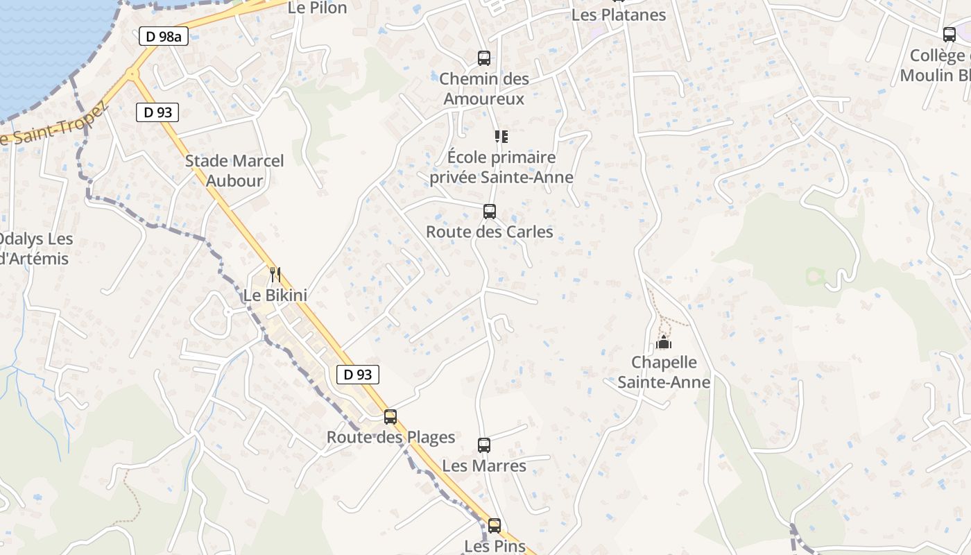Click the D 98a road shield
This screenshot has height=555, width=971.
tap(163, 37)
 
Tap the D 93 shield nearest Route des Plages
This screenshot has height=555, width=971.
tap(358, 375)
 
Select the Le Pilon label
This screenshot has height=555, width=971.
tap(317, 8)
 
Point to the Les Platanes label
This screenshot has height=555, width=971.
tap(619, 15)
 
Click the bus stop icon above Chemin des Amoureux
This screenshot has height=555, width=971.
tap(484, 58)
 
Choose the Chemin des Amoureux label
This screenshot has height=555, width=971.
tap(484, 89)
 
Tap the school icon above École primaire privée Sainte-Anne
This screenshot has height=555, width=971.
tap(501, 137)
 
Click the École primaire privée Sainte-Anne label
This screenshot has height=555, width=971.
tap(501, 167)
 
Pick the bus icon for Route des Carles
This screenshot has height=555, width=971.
tap(490, 212)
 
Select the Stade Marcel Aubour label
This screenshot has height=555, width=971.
tap(234, 171)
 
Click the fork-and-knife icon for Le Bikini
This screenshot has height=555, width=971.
tap(275, 275)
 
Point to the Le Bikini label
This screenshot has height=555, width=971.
tap(275, 295)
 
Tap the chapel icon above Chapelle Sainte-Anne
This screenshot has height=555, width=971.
tap(664, 342)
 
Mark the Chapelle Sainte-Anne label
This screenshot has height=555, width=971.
tap(664, 372)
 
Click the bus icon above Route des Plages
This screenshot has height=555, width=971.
tap(390, 417)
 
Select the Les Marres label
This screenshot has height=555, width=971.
tap(484, 466)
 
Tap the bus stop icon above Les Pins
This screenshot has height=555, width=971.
tap(495, 526)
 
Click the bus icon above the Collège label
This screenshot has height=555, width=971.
tap(949, 35)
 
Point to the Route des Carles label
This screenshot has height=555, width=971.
tap(490, 232)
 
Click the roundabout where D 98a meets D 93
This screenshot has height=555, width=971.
tap(132, 74)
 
